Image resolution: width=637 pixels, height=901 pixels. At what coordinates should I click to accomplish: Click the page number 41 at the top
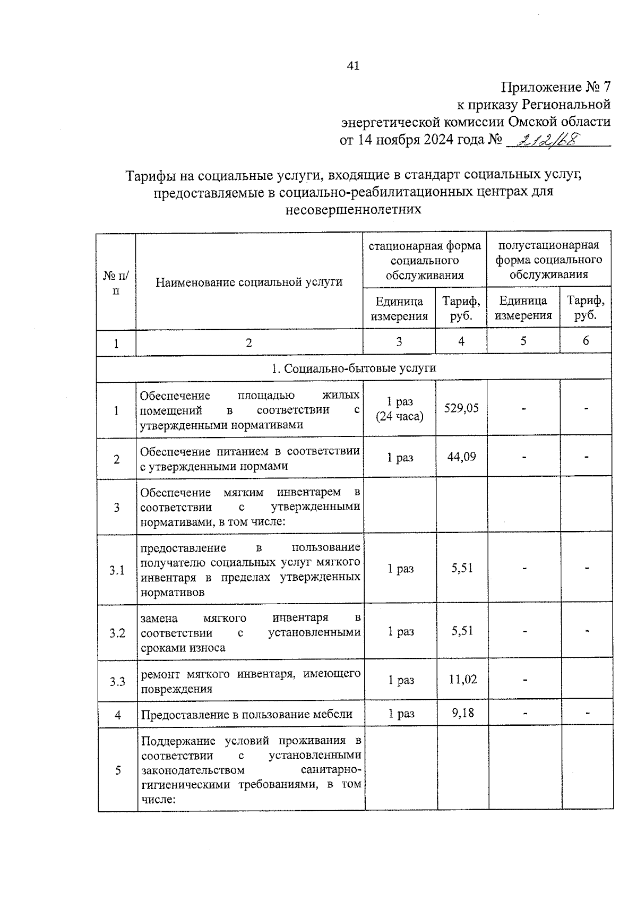pos(353,65)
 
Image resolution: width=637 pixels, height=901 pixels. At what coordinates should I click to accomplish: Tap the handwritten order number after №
pos(549,141)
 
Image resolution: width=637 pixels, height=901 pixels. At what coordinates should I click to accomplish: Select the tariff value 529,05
pos(461,408)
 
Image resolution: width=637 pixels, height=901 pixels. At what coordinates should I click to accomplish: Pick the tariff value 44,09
pos(461,457)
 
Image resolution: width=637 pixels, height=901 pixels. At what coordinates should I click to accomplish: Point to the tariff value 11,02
pos(462,679)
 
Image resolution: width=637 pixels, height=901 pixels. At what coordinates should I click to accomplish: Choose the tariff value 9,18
pos(462,713)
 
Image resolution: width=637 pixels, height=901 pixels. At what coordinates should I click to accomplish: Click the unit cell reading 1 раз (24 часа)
pos(400,409)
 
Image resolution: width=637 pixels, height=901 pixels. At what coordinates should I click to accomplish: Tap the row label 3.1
pos(117,570)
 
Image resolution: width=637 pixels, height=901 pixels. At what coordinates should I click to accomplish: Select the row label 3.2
pos(117,633)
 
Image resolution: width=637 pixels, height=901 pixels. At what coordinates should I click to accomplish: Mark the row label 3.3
pos(117,682)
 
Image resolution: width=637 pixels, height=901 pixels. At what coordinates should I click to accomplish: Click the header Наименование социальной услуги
pos(249,282)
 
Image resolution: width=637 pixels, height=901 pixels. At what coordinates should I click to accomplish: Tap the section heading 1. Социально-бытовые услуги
pos(354,368)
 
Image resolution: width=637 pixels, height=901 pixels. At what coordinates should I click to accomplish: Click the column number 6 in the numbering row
pos(586,341)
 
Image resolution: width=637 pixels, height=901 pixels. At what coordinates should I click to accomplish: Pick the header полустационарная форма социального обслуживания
pos(549,260)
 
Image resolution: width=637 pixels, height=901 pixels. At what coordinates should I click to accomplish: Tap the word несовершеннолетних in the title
pos(353,210)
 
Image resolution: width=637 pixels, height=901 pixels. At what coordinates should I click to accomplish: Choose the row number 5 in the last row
pos(118,770)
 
